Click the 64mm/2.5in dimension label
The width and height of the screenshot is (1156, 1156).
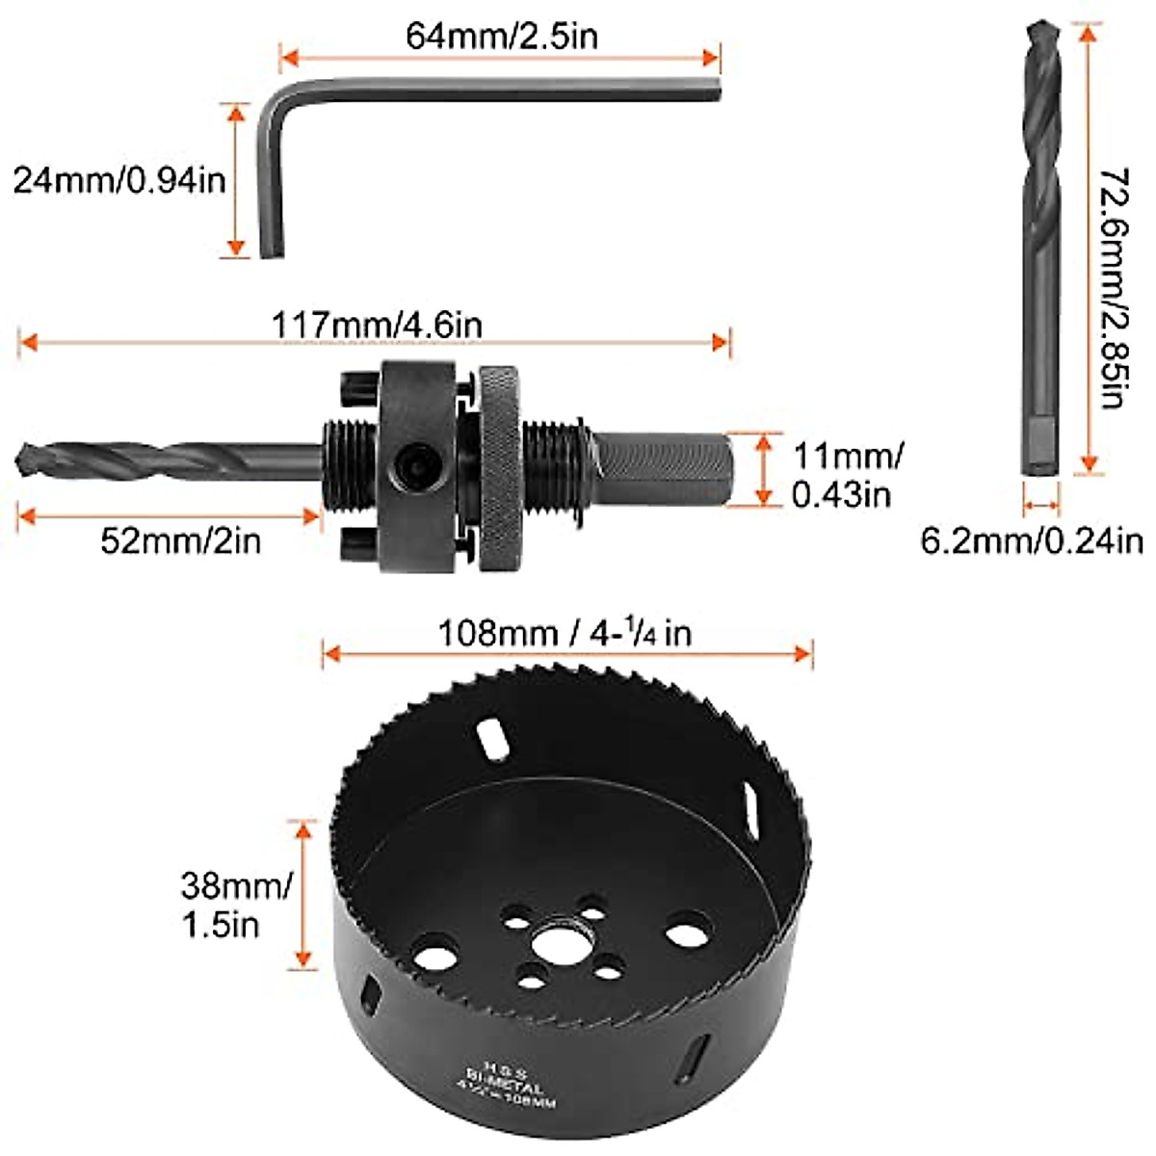[501, 36]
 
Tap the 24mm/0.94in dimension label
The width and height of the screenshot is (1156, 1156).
[118, 179]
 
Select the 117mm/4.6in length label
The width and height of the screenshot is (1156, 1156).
[376, 325]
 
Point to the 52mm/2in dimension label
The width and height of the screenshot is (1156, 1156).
[180, 540]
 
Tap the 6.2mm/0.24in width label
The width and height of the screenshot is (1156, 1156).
[1032, 540]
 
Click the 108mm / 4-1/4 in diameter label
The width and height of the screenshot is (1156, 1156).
[565, 633]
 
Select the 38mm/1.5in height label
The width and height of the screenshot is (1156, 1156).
[235, 905]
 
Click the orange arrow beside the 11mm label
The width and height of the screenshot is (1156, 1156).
[764, 469]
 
